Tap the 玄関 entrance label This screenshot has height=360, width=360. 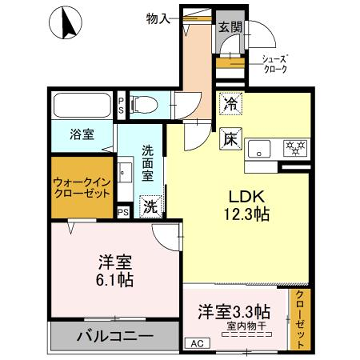(x=230, y=27)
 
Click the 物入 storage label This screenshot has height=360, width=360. (x=158, y=17)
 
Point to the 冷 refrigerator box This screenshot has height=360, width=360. (x=229, y=103)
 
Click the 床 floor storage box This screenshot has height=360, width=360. (x=229, y=138)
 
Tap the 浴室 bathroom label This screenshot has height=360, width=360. (x=81, y=131)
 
